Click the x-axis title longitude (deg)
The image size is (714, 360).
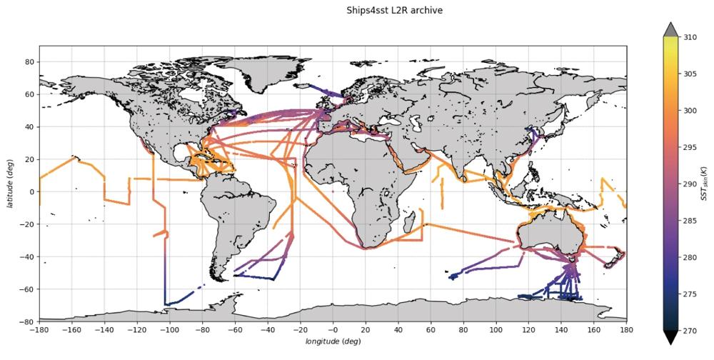333,342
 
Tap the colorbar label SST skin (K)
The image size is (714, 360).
705,184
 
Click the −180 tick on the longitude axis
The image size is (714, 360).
39,330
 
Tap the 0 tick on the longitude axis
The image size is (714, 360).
333,330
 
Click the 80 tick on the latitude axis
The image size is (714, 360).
29,62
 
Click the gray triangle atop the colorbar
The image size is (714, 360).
670,29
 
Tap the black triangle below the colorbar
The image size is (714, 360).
670,338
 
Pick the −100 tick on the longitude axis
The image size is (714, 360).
169,330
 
